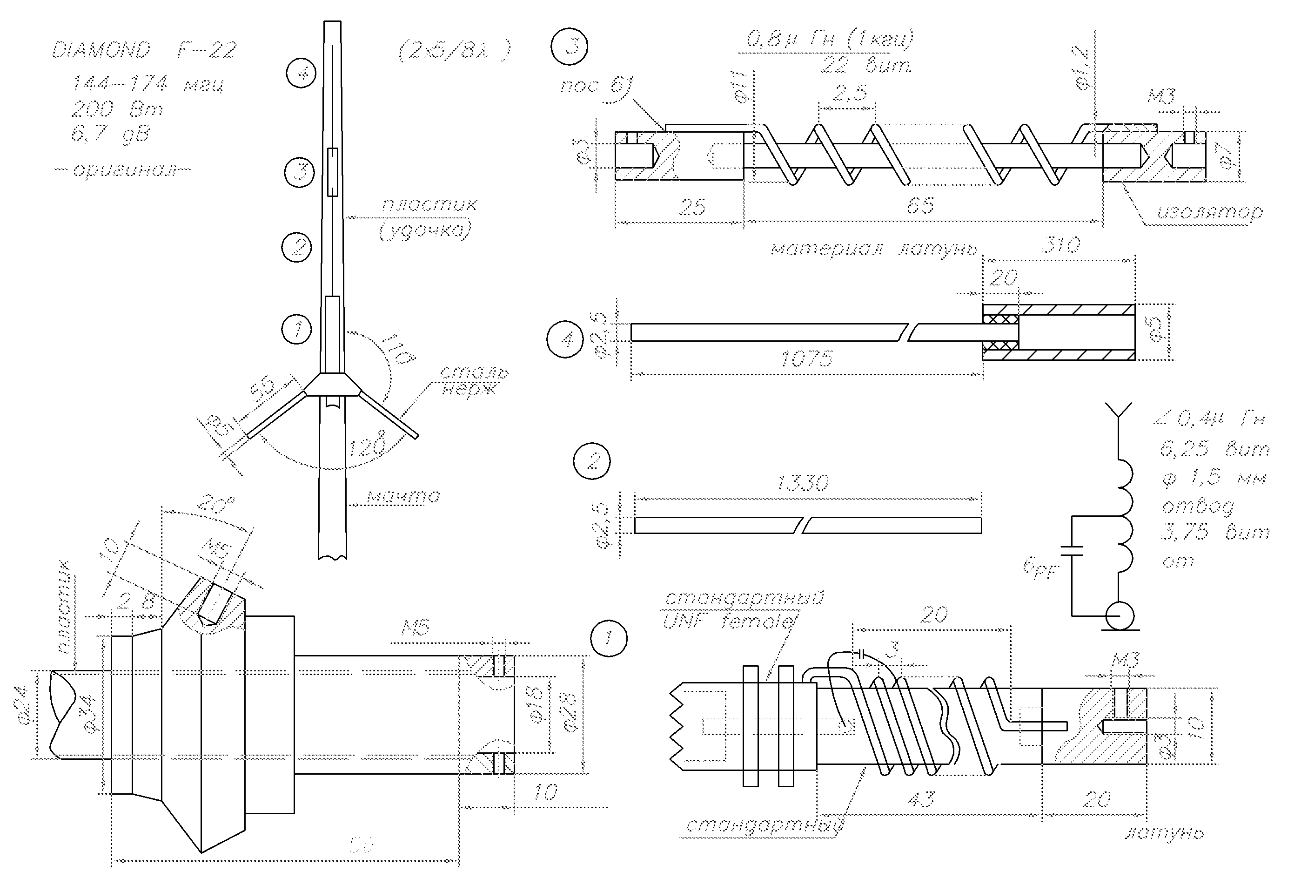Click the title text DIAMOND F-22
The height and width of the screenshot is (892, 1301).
[x=144, y=50]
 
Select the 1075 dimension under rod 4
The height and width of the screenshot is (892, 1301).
[x=806, y=358]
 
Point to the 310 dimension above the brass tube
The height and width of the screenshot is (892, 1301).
[x=1061, y=245]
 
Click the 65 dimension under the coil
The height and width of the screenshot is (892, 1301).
[x=920, y=206]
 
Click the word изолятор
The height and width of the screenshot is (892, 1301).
[x=1209, y=212]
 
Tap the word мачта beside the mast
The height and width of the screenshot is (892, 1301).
[x=403, y=496]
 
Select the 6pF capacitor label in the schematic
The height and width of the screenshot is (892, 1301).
[x=1039, y=568]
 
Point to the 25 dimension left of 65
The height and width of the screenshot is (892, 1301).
[x=692, y=207]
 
